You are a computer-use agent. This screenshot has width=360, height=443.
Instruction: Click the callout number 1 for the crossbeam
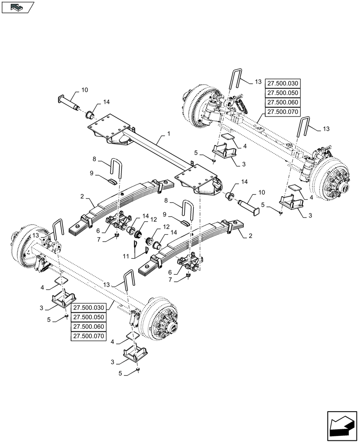(x=168, y=133)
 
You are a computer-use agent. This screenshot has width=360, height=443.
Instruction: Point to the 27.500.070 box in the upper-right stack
(x=282, y=112)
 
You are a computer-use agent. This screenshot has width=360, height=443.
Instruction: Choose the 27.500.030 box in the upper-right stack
(x=282, y=83)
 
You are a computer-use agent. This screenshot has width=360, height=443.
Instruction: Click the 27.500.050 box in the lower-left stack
(x=87, y=317)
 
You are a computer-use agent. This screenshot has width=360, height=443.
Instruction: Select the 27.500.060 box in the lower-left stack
(x=87, y=326)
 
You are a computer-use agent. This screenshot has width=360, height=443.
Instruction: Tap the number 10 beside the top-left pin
(x=84, y=90)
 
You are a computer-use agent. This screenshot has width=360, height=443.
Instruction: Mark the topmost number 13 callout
(x=258, y=82)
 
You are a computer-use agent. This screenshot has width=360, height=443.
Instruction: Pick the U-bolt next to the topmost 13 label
(x=236, y=83)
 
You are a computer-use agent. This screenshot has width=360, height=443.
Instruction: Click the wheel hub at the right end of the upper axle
(x=333, y=186)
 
